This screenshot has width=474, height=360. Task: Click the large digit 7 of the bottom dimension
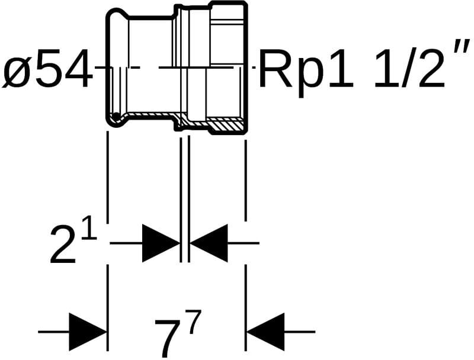point(168,336)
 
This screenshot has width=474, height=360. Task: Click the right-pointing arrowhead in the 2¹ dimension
point(160,243)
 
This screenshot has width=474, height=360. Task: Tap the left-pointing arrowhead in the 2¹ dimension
point(209,243)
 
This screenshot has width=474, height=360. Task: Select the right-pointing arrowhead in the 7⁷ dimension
point(88,332)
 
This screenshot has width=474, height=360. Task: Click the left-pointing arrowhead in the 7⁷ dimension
point(265,332)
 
